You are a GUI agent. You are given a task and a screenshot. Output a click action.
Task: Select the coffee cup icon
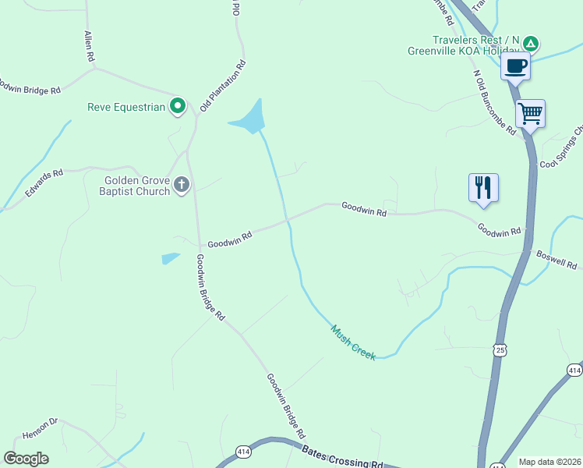(515, 66)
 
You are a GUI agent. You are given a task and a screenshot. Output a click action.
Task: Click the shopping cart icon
(530, 113)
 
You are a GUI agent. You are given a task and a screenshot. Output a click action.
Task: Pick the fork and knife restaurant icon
(483, 188)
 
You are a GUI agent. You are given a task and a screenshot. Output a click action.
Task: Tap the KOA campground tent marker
(530, 43)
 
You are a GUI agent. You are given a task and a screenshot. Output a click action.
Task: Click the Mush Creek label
(353, 342)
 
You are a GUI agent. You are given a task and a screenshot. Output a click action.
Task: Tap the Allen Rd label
(89, 47)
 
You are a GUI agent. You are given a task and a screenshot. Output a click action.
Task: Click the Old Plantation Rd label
(224, 85)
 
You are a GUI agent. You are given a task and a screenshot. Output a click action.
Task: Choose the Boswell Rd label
(556, 260)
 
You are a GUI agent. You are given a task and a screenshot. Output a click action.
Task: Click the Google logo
(26, 459)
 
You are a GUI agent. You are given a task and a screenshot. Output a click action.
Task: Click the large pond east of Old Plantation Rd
(249, 119)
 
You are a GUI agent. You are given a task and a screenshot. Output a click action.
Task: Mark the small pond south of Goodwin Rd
(170, 258)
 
